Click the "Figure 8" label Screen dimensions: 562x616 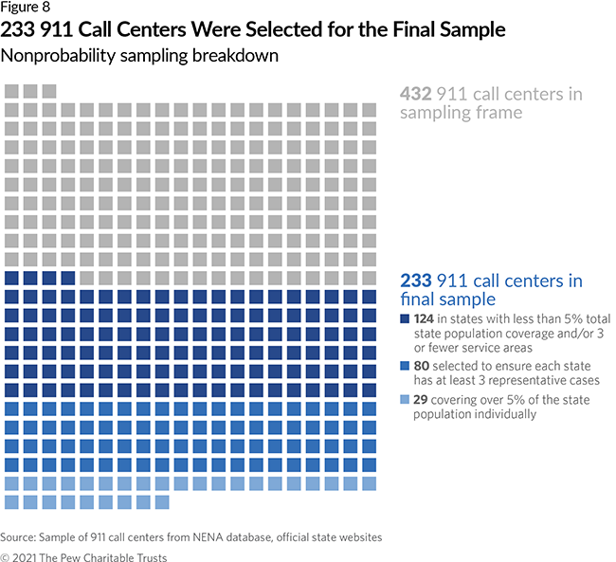[26, 9]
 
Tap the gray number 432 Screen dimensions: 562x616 [417, 94]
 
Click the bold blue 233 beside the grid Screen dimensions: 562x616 [417, 281]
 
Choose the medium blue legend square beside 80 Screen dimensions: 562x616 [406, 366]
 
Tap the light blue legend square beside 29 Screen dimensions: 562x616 [406, 399]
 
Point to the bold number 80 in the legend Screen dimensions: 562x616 [420, 366]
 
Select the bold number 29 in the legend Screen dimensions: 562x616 [420, 399]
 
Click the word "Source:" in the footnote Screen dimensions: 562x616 [21, 537]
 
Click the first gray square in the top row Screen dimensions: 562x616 [12, 91]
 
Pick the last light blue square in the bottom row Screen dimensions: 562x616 [162, 501]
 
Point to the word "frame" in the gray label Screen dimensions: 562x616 [499, 112]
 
